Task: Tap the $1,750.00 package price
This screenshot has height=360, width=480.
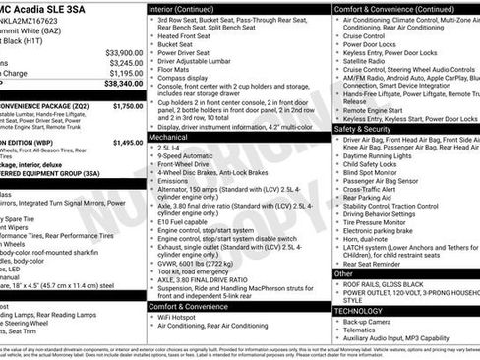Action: tap(128, 105)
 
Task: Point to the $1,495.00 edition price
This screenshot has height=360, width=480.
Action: tap(128, 143)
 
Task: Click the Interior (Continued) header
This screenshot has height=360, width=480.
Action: tap(191, 8)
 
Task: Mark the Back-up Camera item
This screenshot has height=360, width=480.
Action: tap(372, 322)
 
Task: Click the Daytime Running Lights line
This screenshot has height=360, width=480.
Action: tap(385, 156)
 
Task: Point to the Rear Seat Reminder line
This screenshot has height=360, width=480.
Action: tap(380, 264)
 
